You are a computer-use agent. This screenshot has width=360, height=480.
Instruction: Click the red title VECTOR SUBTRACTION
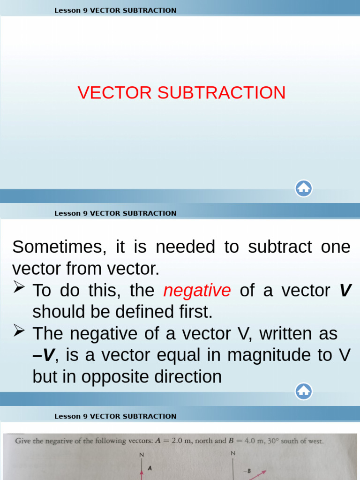(181, 93)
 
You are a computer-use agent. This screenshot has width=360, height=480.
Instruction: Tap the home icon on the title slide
(304, 188)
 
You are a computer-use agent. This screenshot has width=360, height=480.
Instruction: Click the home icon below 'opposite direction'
(304, 390)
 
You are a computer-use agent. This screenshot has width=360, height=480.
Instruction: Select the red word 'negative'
(197, 291)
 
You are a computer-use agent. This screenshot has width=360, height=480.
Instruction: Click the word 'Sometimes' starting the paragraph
(55, 247)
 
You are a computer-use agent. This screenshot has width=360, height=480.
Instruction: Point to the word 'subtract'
(279, 247)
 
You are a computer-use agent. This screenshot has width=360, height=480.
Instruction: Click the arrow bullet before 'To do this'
(19, 287)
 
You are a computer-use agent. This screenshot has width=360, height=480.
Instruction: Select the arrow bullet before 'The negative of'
(19, 331)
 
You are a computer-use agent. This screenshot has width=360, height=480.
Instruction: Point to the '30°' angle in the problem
(282, 441)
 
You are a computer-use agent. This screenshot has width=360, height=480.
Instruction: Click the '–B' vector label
(248, 471)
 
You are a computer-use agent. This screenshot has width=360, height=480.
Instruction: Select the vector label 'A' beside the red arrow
(150, 468)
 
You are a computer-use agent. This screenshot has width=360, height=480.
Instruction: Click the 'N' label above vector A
(141, 455)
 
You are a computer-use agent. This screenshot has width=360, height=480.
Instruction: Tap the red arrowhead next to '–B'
(264, 472)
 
